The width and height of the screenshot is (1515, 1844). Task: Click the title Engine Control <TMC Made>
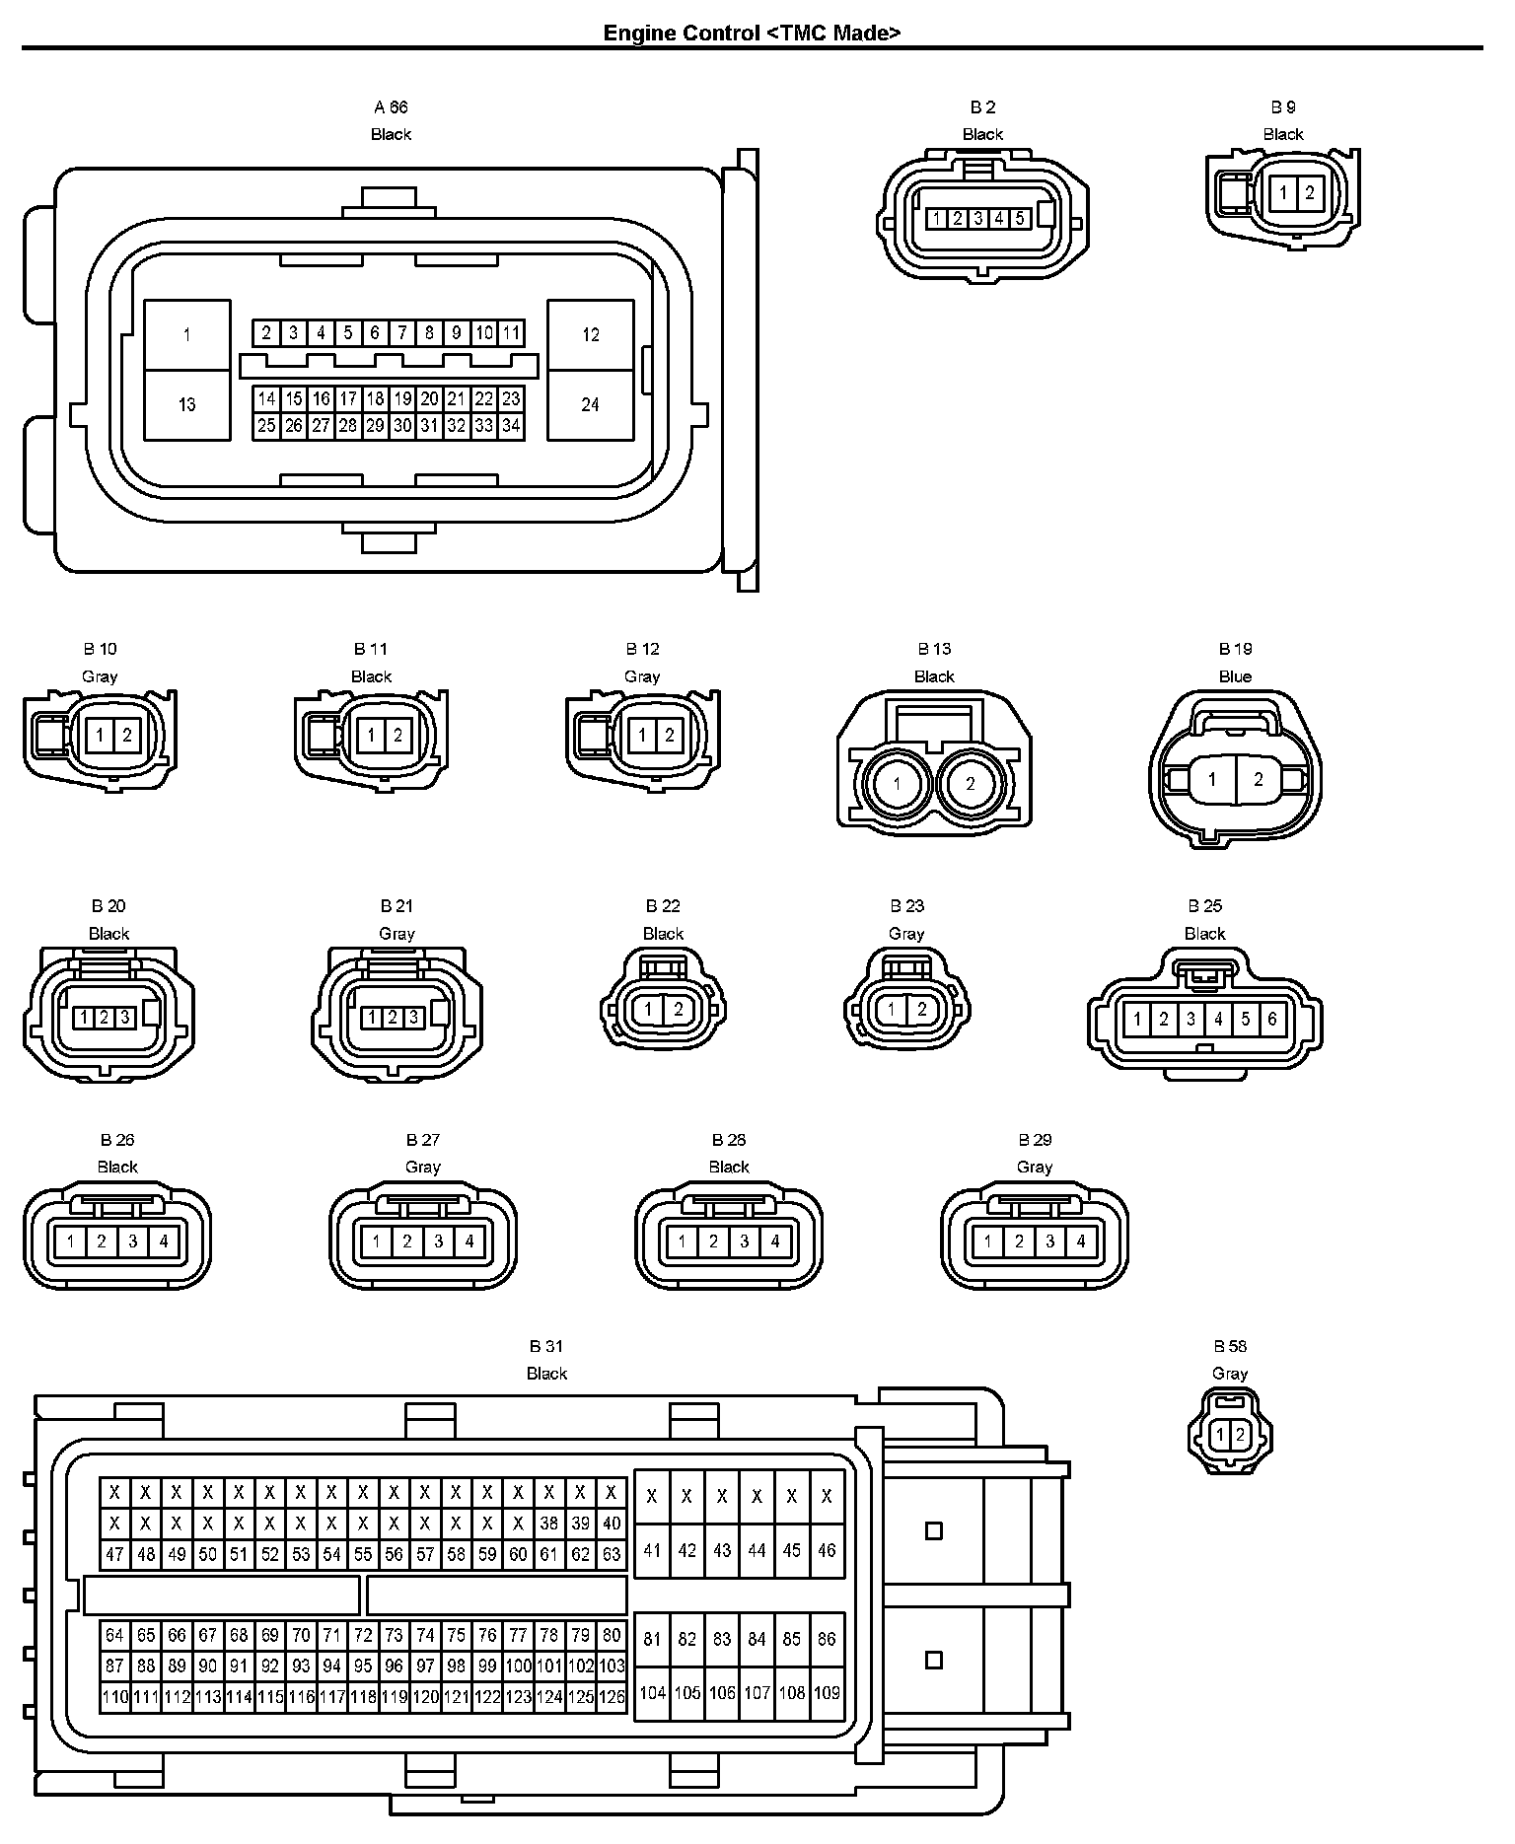coord(752,33)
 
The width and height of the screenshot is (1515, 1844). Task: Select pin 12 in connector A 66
coord(590,335)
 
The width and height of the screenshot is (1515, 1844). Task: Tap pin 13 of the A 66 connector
coord(186,404)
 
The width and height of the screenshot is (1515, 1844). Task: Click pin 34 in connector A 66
coord(511,426)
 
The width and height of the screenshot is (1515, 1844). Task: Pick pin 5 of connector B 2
coord(1020,218)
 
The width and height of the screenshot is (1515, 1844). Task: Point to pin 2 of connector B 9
coord(1309,192)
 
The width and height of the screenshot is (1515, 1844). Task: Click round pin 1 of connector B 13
coord(897,785)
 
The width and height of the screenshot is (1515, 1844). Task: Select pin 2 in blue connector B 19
coord(1259,779)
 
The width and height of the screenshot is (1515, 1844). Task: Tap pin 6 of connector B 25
coord(1272,1019)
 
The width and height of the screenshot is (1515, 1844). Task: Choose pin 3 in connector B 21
coord(413,1017)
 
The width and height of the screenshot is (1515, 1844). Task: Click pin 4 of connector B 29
coord(1081,1241)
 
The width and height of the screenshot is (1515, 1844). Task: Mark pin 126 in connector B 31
coord(612,1697)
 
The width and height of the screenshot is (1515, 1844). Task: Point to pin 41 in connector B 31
coord(652,1550)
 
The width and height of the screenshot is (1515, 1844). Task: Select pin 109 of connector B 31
coord(827,1693)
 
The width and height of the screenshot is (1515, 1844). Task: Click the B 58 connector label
coord(1230,1346)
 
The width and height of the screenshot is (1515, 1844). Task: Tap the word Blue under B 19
coord(1235,676)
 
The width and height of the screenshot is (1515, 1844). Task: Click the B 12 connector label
coord(642,649)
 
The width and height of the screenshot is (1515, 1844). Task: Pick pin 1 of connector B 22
coord(648,1010)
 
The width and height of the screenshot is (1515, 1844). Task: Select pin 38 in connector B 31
coord(549,1523)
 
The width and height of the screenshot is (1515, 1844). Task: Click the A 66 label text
coord(391,106)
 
